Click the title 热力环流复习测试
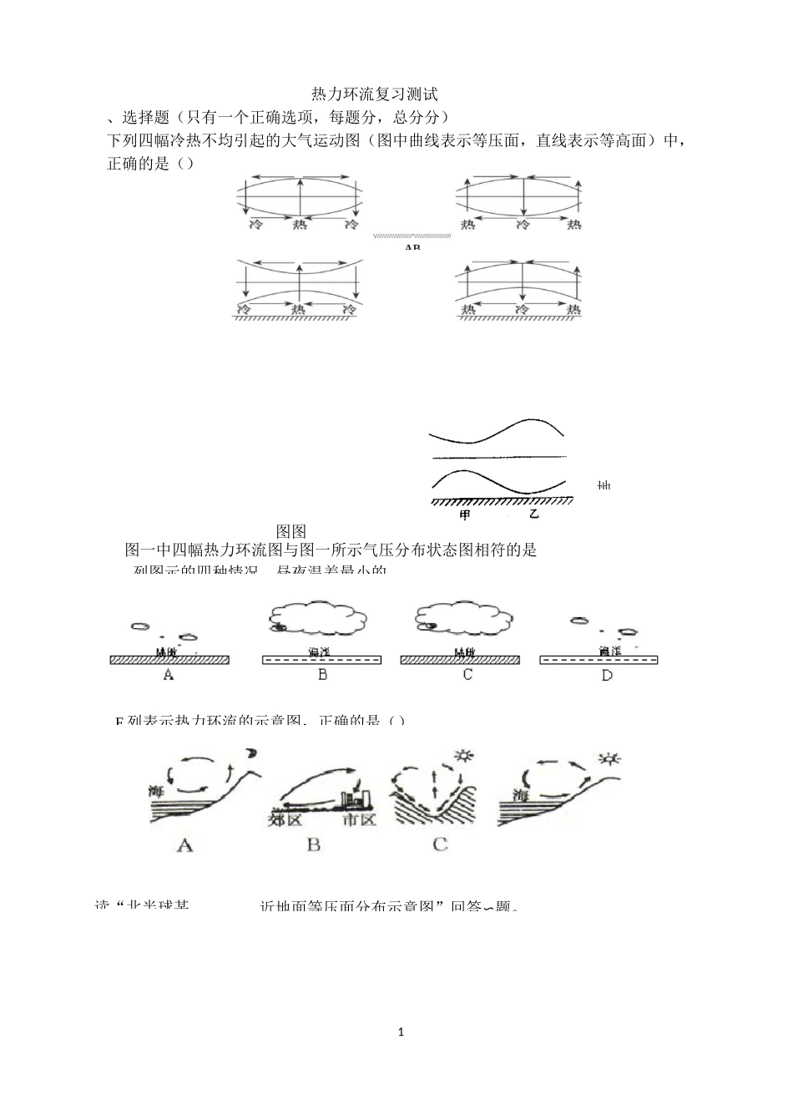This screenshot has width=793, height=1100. (x=374, y=94)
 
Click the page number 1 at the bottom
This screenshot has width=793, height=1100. (x=401, y=1032)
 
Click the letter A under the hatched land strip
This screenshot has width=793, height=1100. (x=169, y=675)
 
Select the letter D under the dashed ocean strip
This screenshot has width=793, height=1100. (x=607, y=675)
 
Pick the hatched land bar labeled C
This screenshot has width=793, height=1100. (x=460, y=660)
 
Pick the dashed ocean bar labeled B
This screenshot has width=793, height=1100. (x=322, y=660)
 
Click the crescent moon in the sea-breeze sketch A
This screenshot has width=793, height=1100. (x=250, y=755)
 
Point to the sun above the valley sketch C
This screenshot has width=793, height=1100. (x=464, y=757)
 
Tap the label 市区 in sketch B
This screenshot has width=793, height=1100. (x=359, y=819)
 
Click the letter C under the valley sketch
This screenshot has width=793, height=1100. (x=440, y=844)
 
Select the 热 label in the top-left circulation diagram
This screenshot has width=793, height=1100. (x=300, y=225)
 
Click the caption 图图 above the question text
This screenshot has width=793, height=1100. (x=291, y=531)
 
